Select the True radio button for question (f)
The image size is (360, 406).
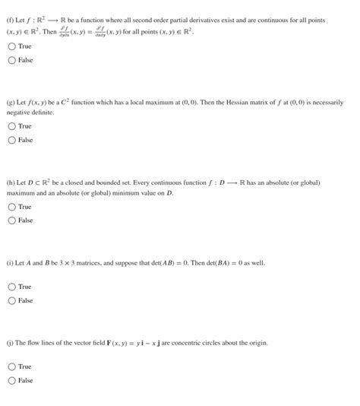coord(11,46)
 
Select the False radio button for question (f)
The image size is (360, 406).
coord(11,60)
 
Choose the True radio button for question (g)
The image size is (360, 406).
coord(11,126)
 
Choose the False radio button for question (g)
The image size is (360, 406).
coord(11,140)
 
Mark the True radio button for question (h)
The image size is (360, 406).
coord(11,207)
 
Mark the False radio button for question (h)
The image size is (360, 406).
coord(11,220)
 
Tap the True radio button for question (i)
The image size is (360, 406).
coord(11,287)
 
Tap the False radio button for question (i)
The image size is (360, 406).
coord(11,300)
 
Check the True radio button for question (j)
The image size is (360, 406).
coord(11,366)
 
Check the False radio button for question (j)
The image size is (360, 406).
coord(11,380)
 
